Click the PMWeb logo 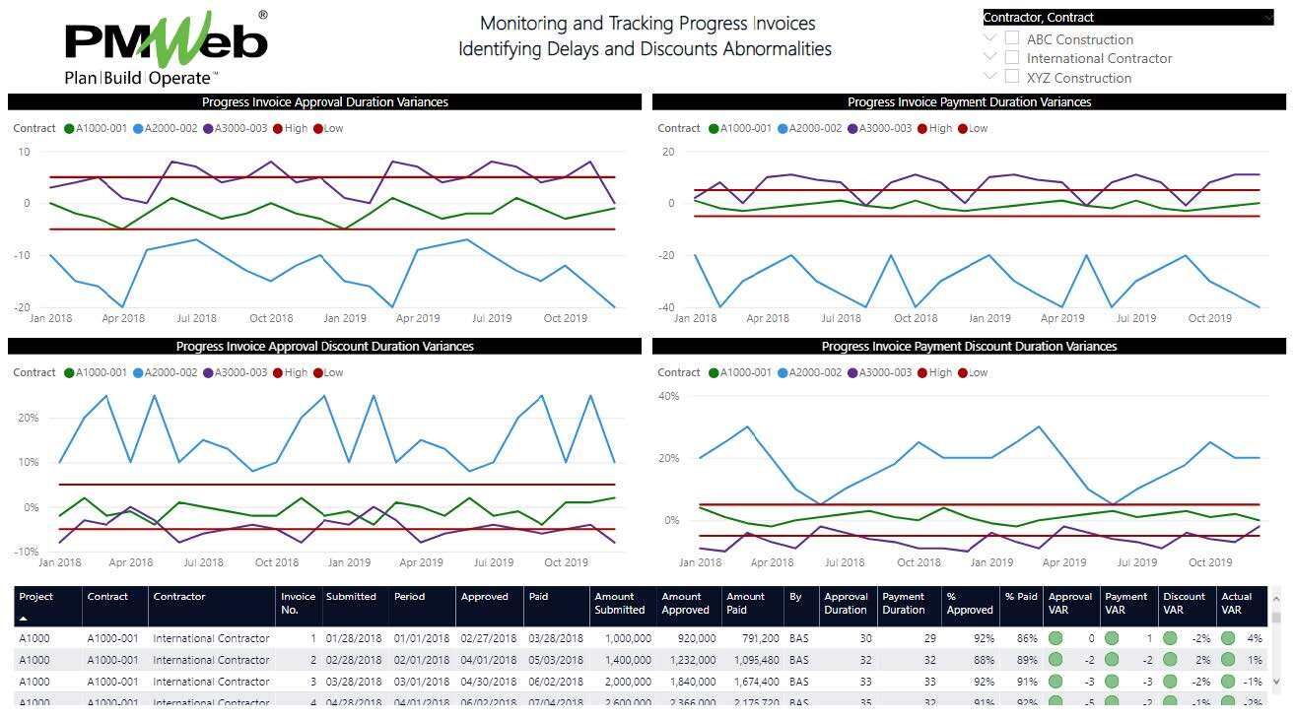coord(166,47)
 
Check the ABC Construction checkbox coord(1012,38)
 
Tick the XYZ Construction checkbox coord(1012,77)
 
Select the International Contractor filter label coord(1099,58)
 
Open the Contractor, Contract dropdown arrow coord(1267,18)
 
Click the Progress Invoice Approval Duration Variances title coord(324,102)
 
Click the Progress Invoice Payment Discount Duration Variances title coord(969,347)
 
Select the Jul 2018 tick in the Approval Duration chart coord(196,318)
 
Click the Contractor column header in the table coord(179,597)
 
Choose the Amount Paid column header coord(745,603)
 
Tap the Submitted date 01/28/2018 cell coord(352,638)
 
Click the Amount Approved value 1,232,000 coord(688,660)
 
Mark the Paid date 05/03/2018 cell coord(555,660)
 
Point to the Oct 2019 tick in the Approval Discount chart coord(566,563)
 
